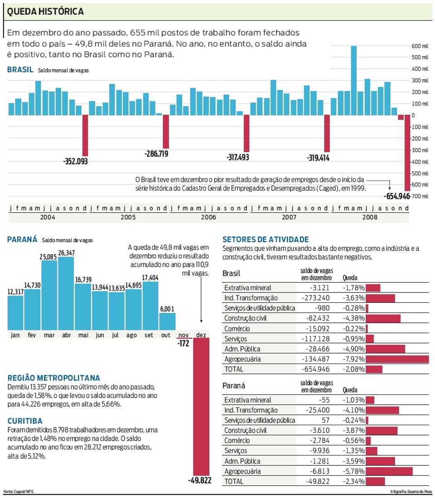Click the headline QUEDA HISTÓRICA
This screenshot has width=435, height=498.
click(x=45, y=11)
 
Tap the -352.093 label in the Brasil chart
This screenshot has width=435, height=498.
click(x=75, y=161)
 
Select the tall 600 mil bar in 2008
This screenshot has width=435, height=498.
click(x=353, y=81)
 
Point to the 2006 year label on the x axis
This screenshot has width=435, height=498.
click(x=208, y=217)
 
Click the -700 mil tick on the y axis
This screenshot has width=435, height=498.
click(x=420, y=196)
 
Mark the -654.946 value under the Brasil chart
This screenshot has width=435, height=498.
click(x=397, y=196)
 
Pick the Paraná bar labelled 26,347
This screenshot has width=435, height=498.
click(x=66, y=293)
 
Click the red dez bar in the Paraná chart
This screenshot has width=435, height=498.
click(x=201, y=407)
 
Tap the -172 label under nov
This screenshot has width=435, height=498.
click(x=184, y=343)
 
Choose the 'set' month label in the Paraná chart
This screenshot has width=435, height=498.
click(x=149, y=335)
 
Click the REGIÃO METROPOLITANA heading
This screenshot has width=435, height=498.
click(x=54, y=378)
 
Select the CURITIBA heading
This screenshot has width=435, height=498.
click(x=25, y=421)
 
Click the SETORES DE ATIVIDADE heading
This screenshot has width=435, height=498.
click(x=266, y=239)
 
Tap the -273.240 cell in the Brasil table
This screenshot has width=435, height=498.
click(x=315, y=298)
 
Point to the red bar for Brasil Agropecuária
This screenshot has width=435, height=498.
click(x=397, y=359)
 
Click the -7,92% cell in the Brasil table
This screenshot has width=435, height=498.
click(x=353, y=359)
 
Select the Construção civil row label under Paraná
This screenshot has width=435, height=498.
click(x=246, y=431)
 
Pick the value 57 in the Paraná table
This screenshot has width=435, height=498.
click(x=326, y=420)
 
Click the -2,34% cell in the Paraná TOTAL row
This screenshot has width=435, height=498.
click(x=353, y=481)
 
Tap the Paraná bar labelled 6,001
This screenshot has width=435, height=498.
click(x=167, y=321)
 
